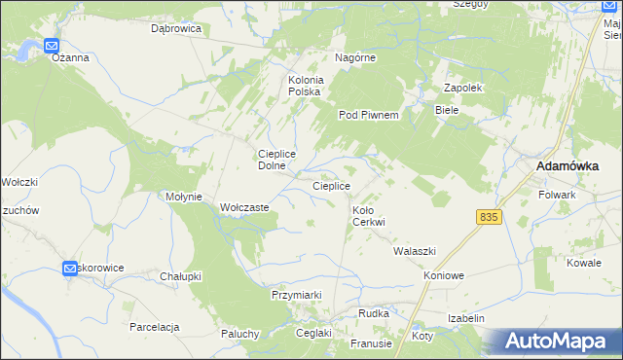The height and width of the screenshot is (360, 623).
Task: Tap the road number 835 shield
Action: click(x=490, y=217)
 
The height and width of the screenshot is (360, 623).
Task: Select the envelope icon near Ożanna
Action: click(x=52, y=45)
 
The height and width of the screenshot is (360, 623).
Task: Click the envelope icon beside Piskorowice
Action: click(x=70, y=268)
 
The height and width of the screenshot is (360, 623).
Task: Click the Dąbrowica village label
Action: click(x=176, y=29)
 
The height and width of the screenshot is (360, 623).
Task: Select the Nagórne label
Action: click(x=355, y=57)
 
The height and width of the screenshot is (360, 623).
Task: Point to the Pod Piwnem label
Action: click(x=369, y=115)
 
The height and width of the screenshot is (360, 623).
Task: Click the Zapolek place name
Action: click(x=464, y=88)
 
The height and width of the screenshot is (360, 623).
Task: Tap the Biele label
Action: click(x=447, y=111)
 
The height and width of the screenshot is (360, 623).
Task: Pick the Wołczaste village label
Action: click(x=244, y=207)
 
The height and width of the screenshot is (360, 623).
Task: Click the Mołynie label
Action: click(x=184, y=197)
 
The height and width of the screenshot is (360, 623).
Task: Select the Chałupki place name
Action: click(x=180, y=276)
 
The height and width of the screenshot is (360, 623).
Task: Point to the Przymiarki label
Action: click(x=296, y=294)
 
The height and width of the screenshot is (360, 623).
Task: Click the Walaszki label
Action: click(x=414, y=251)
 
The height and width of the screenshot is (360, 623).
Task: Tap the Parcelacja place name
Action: click(x=155, y=327)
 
